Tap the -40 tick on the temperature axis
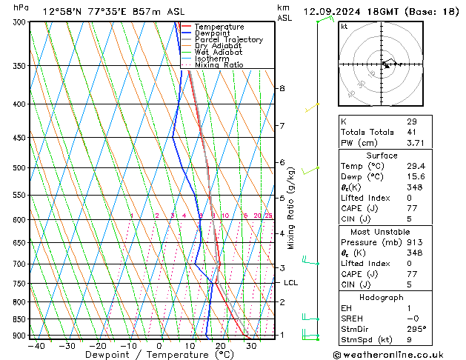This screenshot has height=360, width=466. [x=36, y=346]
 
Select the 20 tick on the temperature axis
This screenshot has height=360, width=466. [x=220, y=346]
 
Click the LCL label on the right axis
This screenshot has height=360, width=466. [x=290, y=283]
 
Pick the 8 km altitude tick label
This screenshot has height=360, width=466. [x=282, y=88]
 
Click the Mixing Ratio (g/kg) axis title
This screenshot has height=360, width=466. [x=291, y=208]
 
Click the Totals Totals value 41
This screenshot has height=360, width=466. [x=412, y=132]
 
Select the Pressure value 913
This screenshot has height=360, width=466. [x=414, y=242]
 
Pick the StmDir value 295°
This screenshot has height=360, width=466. [x=416, y=328]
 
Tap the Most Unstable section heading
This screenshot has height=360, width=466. [x=381, y=231]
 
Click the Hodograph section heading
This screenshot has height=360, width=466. [x=381, y=296]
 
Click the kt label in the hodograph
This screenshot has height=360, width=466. [x=344, y=26]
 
